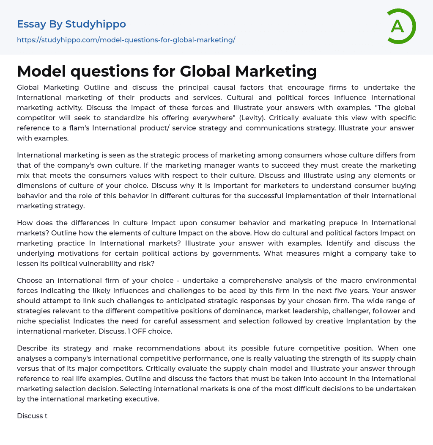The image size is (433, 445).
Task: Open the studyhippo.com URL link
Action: tap(126, 40)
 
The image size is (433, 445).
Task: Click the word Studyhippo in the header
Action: tap(96, 24)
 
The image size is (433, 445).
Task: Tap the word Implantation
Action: tap(368, 321)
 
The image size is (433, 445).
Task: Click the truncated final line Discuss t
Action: tap(32, 416)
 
